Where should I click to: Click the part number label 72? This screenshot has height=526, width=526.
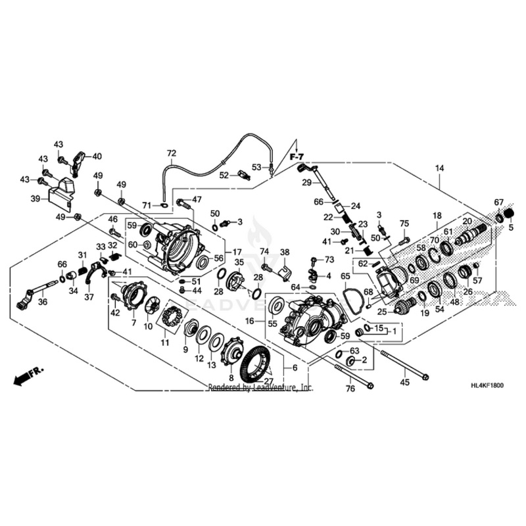pyautogui.click(x=172, y=154)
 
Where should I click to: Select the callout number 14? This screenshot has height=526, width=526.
pyautogui.click(x=439, y=168)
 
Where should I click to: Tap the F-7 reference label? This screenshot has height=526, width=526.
pyautogui.click(x=297, y=158)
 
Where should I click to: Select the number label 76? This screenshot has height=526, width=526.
pyautogui.click(x=350, y=389)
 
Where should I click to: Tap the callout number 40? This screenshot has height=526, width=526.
pyautogui.click(x=97, y=156)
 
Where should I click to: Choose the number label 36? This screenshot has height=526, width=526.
pyautogui.click(x=43, y=302)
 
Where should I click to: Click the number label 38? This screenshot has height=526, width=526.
pyautogui.click(x=285, y=252)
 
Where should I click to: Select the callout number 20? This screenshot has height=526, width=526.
pyautogui.click(x=467, y=222)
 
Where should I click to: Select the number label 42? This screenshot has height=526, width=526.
pyautogui.click(x=115, y=313)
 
